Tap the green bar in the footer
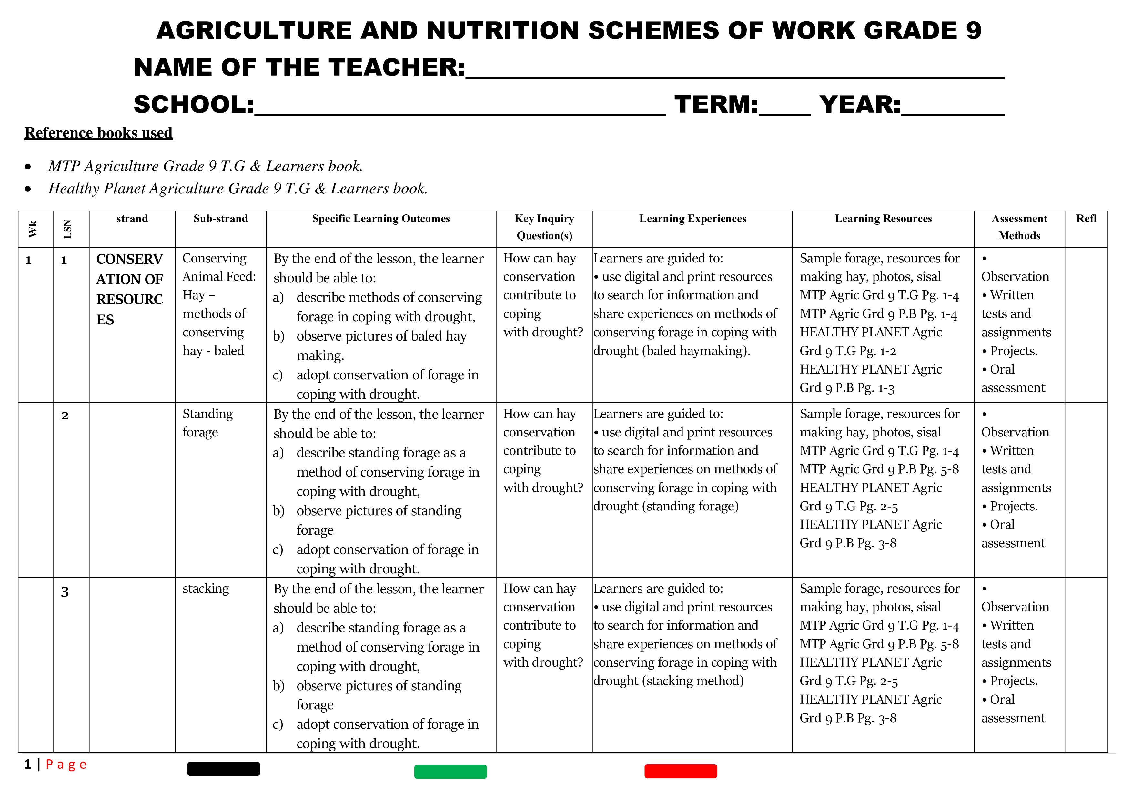450,771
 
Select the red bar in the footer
680,771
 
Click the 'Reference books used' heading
99,133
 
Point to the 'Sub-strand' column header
220,219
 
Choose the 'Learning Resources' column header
883,219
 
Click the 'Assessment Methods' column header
1019,227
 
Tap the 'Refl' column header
1086,219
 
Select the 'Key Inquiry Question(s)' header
544,227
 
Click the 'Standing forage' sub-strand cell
207,423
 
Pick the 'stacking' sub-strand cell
206,589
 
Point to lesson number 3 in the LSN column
65,592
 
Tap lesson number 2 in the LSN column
65,416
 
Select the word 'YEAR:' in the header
860,105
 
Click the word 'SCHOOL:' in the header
194,105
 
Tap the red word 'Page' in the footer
66,765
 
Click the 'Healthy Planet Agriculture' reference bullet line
238,189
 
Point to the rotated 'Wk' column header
33,229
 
